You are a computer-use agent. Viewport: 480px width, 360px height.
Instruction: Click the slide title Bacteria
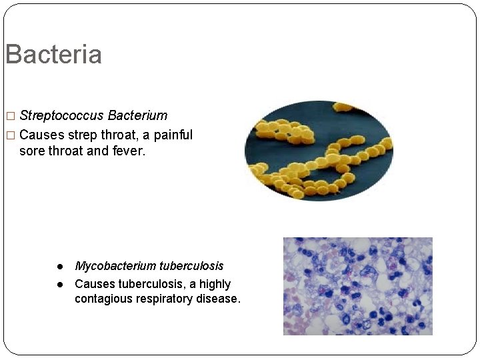click(53, 55)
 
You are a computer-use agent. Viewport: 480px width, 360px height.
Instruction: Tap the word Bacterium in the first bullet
click(137, 116)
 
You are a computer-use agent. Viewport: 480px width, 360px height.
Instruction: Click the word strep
click(83, 135)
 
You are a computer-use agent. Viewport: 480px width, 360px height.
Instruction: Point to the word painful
click(173, 135)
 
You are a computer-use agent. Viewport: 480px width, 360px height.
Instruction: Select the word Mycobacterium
click(115, 266)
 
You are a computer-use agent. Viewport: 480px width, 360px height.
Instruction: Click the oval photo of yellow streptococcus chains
click(319, 151)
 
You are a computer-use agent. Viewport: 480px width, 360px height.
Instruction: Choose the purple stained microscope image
click(357, 286)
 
